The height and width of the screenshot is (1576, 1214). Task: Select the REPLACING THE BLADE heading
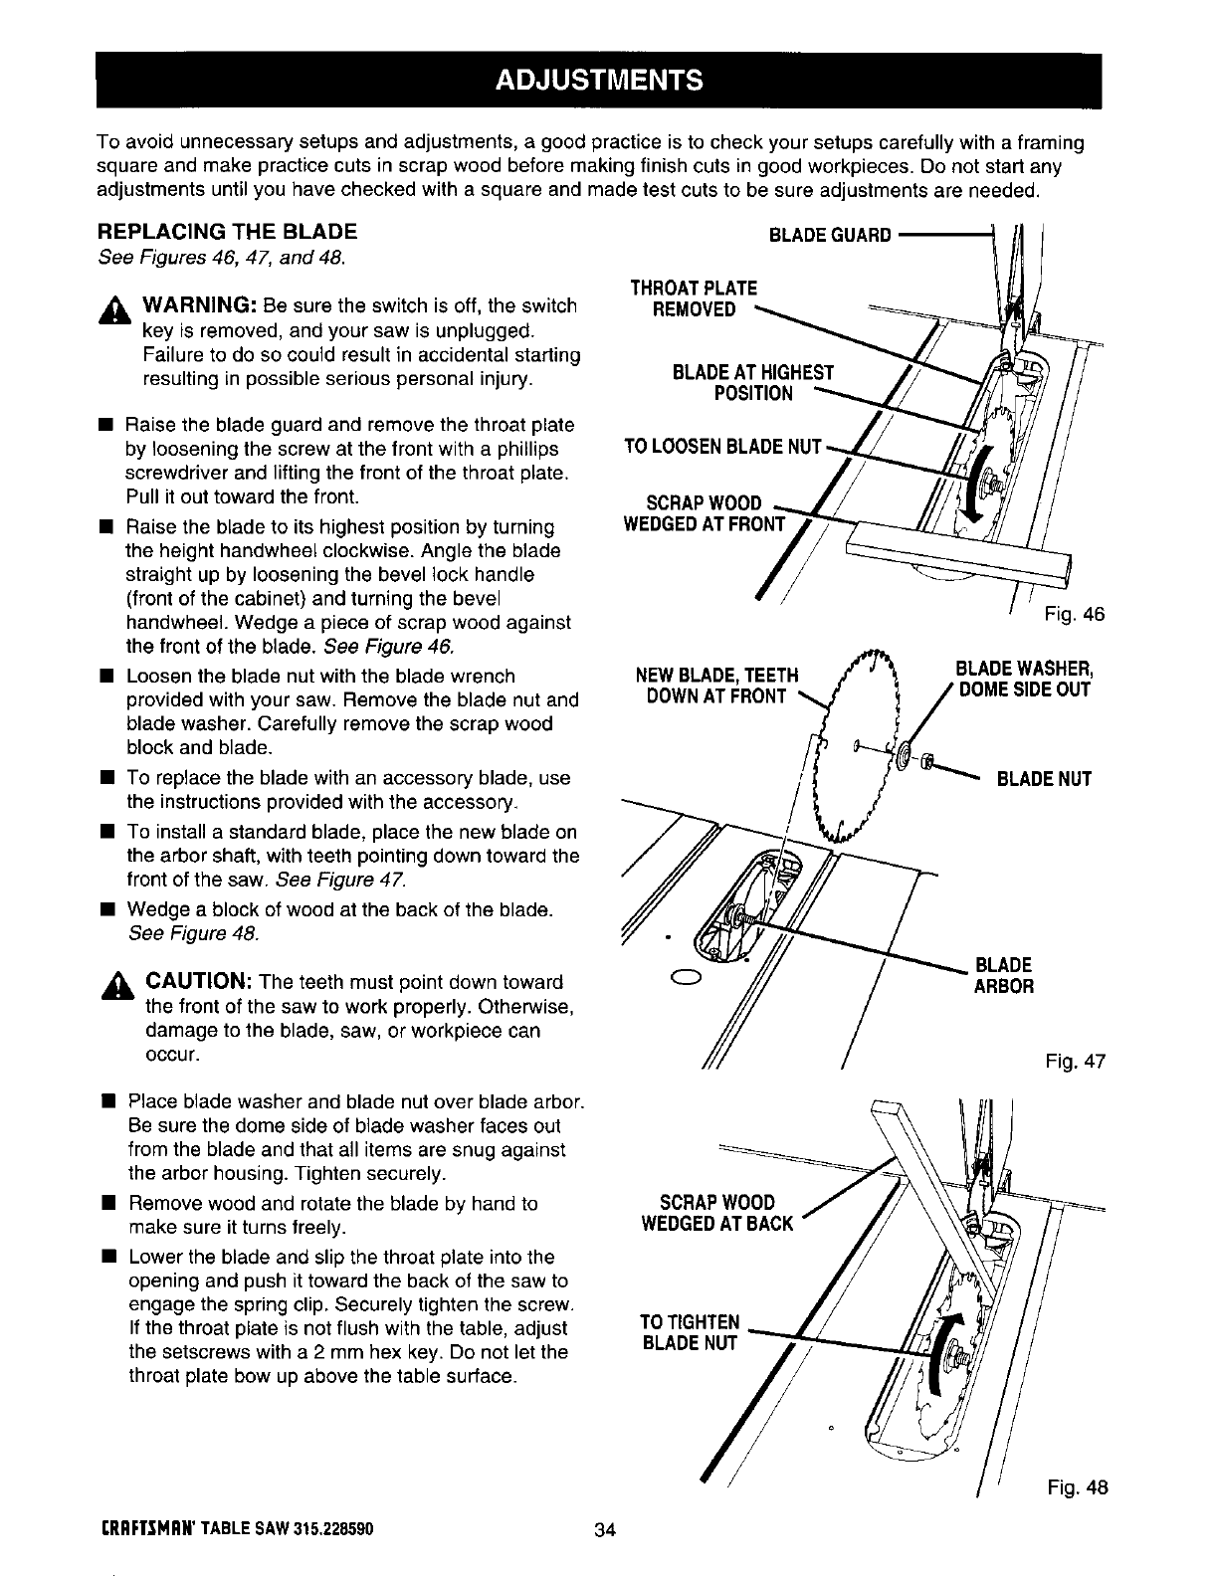(x=227, y=233)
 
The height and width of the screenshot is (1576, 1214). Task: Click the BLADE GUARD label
(x=831, y=236)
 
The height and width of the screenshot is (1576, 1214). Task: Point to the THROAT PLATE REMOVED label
(x=694, y=298)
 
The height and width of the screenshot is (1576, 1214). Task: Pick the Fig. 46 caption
(x=1075, y=615)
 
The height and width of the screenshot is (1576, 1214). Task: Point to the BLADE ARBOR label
(x=1004, y=975)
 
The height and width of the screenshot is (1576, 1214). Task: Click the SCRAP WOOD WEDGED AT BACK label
(x=717, y=1213)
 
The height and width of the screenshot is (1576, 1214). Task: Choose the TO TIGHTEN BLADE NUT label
(x=690, y=1333)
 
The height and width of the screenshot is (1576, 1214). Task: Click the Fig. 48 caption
(x=1077, y=1488)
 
